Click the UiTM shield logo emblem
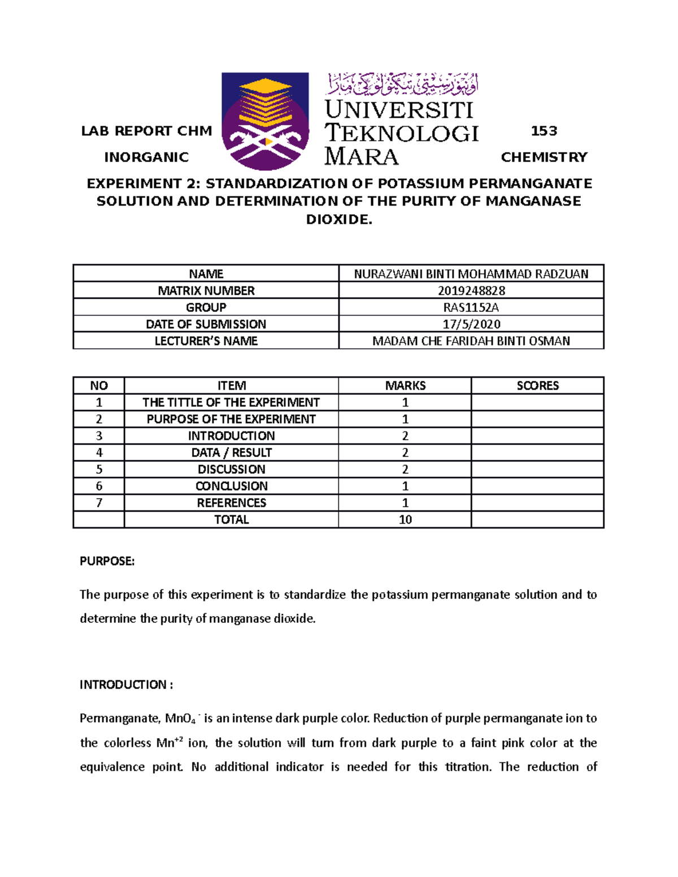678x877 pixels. click(265, 121)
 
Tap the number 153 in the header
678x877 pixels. click(544, 131)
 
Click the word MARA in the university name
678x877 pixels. click(362, 156)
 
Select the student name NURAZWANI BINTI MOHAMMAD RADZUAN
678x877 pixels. click(471, 274)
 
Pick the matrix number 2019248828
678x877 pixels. click(471, 291)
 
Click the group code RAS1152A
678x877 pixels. click(471, 307)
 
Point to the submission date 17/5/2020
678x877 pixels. click(471, 324)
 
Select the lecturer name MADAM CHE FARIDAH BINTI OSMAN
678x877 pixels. click(471, 341)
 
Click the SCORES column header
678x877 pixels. click(537, 386)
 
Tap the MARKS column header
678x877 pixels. click(405, 386)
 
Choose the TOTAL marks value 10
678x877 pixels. click(405, 520)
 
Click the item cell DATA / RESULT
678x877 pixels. click(231, 453)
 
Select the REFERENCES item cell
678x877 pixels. click(231, 503)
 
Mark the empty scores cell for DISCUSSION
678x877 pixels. click(537, 469)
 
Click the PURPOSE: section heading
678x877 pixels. click(107, 561)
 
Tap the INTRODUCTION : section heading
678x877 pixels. click(126, 685)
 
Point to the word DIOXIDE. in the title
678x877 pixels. click(339, 220)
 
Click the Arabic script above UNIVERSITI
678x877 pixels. click(402, 85)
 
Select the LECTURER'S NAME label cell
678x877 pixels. click(206, 341)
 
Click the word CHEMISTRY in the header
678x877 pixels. click(544, 157)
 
